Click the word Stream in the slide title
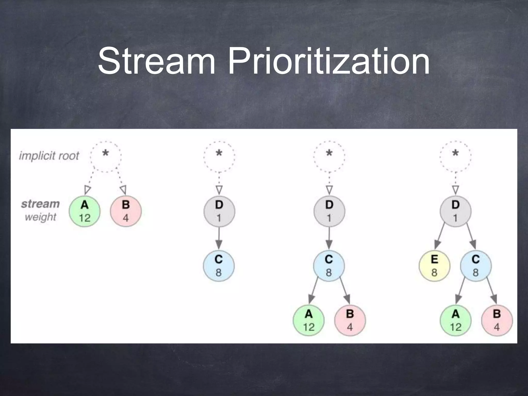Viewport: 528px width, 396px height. click(x=156, y=61)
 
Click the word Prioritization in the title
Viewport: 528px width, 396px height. click(x=329, y=61)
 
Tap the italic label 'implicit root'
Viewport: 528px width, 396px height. click(x=49, y=156)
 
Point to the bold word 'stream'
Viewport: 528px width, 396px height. click(x=40, y=204)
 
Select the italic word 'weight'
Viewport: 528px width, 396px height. click(x=40, y=217)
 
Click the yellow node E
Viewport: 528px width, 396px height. click(x=434, y=266)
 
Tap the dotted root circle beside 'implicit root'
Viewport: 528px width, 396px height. click(x=106, y=156)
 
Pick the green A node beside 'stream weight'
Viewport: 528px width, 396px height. click(x=85, y=211)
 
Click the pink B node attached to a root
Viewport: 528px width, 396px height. click(x=126, y=211)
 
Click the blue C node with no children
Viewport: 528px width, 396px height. click(x=219, y=266)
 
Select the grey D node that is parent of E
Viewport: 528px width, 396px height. click(x=455, y=211)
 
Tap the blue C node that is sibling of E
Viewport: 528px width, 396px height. click(x=476, y=266)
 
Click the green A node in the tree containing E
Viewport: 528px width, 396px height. click(x=455, y=320)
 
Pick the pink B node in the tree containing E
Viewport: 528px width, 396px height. click(x=497, y=320)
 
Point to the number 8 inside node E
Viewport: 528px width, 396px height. click(x=434, y=273)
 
